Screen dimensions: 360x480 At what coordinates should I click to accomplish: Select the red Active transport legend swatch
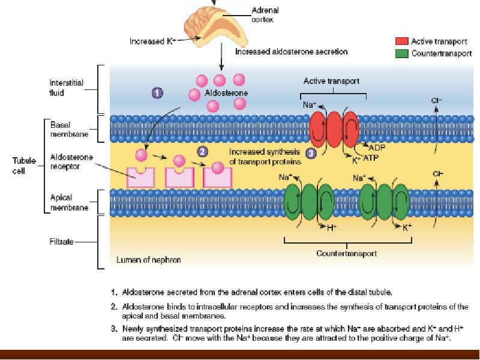click(x=401, y=41)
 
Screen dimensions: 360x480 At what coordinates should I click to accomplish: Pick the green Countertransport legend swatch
click(x=401, y=53)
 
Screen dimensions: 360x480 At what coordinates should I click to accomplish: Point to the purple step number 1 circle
click(x=157, y=93)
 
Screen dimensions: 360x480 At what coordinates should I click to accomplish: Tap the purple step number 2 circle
click(x=202, y=151)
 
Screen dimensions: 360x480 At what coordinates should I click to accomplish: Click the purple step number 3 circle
click(x=311, y=153)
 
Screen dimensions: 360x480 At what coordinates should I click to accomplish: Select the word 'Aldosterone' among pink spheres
click(x=226, y=94)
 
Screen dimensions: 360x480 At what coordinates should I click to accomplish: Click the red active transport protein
click(x=333, y=127)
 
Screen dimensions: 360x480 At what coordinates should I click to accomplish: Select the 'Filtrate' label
click(x=62, y=242)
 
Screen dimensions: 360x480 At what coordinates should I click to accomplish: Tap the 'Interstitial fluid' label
click(x=65, y=88)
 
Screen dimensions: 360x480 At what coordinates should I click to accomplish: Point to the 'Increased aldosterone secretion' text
click(x=291, y=52)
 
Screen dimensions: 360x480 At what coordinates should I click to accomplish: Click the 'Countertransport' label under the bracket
click(x=347, y=253)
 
